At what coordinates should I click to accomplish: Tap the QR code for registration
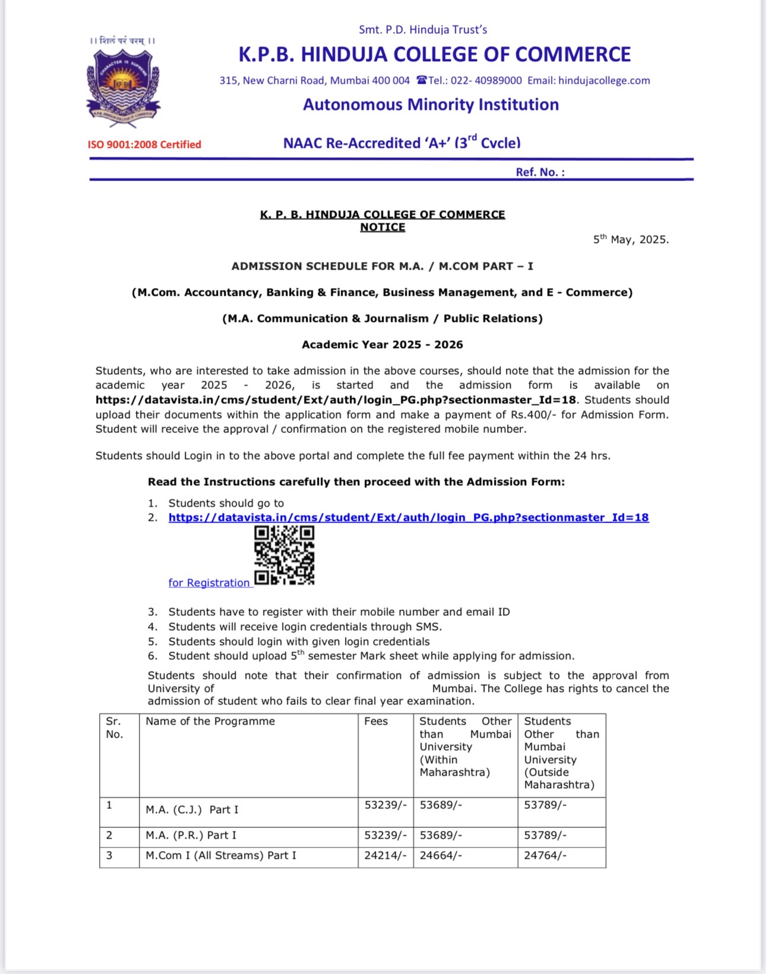click(284, 555)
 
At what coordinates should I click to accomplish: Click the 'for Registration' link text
click(209, 583)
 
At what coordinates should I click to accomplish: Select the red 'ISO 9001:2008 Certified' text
click(144, 144)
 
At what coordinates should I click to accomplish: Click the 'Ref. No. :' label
click(540, 172)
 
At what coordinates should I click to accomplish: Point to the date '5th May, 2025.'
click(631, 239)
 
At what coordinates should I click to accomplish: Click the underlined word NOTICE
click(382, 227)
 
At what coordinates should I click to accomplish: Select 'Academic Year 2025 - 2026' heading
click(382, 344)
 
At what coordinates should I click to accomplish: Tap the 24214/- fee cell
click(385, 855)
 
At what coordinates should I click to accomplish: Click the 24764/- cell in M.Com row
click(545, 855)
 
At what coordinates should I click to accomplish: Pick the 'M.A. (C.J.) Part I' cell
click(192, 809)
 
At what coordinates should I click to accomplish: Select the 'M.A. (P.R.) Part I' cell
click(191, 835)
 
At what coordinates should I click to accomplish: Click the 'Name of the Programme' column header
click(210, 721)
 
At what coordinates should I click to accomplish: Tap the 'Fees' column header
click(376, 721)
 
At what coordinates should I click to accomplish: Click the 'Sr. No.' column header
click(114, 728)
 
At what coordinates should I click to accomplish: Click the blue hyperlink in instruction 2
click(409, 517)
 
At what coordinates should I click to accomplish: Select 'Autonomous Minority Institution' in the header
click(431, 105)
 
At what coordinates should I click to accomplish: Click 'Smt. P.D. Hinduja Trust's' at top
click(423, 29)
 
